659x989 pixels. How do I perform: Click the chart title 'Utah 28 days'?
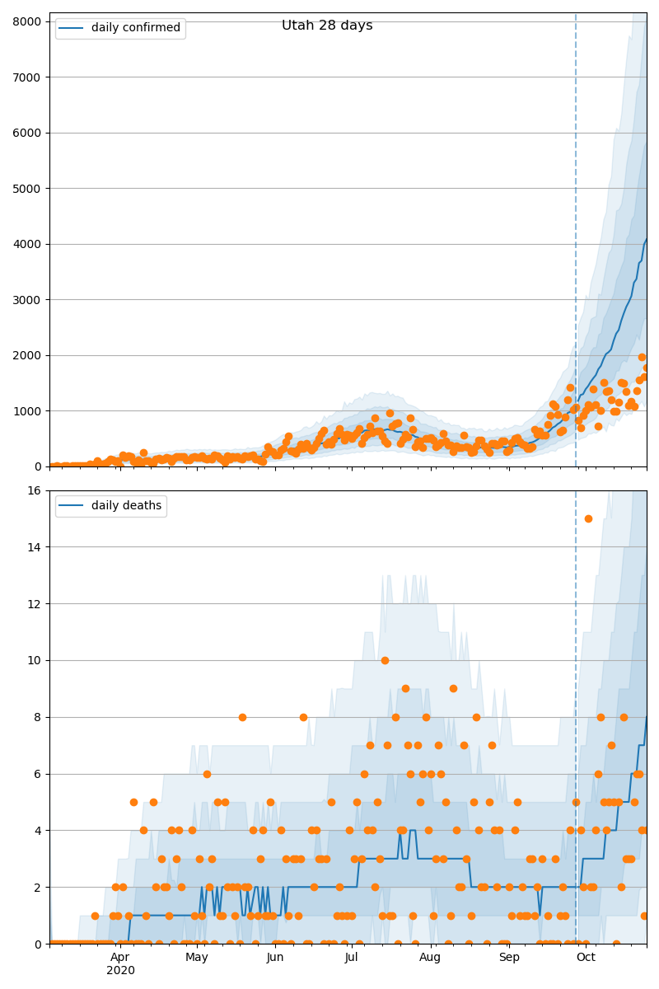[327, 26]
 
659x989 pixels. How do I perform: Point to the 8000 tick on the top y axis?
[30, 21]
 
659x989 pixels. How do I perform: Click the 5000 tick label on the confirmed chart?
[30, 189]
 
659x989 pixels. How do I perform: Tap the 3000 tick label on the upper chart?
[30, 300]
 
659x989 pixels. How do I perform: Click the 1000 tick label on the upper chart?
[30, 411]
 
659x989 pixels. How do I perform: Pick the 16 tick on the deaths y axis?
[35, 491]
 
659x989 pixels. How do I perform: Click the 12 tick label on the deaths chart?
[35, 604]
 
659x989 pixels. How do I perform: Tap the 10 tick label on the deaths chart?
[35, 661]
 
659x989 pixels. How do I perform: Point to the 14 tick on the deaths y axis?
[35, 547]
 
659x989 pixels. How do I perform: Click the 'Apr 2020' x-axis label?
[120, 963]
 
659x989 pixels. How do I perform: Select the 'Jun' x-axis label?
[275, 958]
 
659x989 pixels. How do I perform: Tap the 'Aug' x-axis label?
[430, 958]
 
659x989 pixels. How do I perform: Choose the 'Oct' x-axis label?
[586, 958]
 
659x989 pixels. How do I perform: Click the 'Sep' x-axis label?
[509, 958]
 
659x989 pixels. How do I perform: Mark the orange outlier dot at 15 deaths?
[588, 518]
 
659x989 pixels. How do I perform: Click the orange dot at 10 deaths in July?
[385, 660]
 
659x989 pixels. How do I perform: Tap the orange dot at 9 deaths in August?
[453, 688]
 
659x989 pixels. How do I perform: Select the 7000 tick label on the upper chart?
[30, 77]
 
